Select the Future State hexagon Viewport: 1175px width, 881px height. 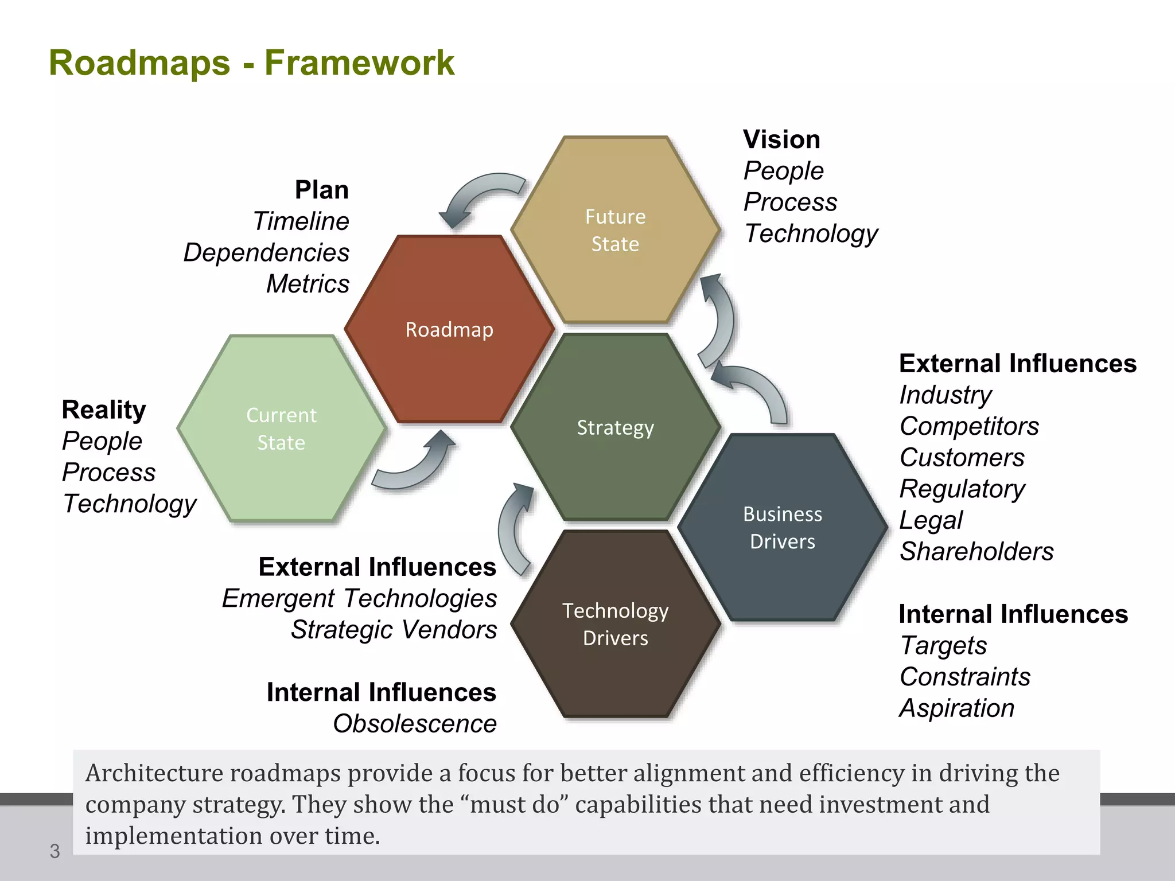(x=615, y=230)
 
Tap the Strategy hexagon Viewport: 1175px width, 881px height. (x=615, y=427)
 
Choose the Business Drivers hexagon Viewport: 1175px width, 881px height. (x=783, y=527)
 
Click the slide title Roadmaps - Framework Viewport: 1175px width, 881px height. (x=251, y=63)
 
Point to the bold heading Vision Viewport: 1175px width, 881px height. (x=781, y=139)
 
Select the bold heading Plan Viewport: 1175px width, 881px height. (x=321, y=190)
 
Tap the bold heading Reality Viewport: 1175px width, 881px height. (x=103, y=410)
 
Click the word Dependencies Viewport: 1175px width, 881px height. (x=266, y=252)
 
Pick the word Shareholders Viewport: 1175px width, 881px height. (x=976, y=551)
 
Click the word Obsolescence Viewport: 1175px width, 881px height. (x=414, y=724)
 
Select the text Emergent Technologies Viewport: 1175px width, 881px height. (x=359, y=598)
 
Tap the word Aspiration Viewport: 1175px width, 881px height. (x=956, y=708)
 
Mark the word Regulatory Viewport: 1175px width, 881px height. (x=962, y=489)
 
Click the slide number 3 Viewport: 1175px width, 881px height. (x=55, y=851)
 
